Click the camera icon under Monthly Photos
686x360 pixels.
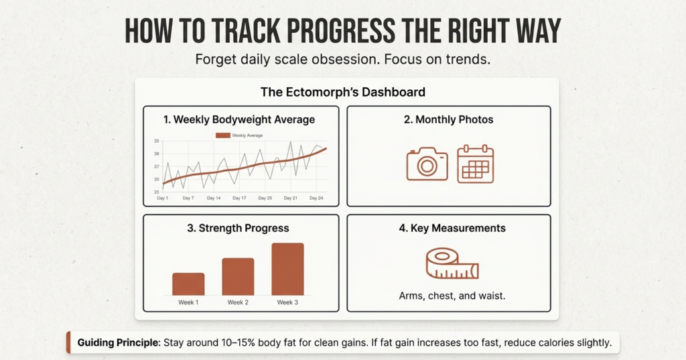point(427,164)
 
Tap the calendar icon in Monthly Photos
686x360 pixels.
point(475,164)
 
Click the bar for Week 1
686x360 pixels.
point(188,284)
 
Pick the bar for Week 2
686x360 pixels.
point(238,277)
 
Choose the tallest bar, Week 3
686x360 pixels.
point(287,269)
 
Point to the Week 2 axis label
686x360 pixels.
point(238,302)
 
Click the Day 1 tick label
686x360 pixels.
point(163,198)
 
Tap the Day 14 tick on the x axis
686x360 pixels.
point(214,198)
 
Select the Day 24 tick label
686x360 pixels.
point(316,198)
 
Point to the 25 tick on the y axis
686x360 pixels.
point(157,192)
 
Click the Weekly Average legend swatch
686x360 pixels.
point(222,135)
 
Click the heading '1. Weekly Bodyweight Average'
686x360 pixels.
point(239,120)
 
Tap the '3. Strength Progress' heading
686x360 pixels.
point(239,228)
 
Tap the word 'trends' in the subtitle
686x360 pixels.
point(469,59)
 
